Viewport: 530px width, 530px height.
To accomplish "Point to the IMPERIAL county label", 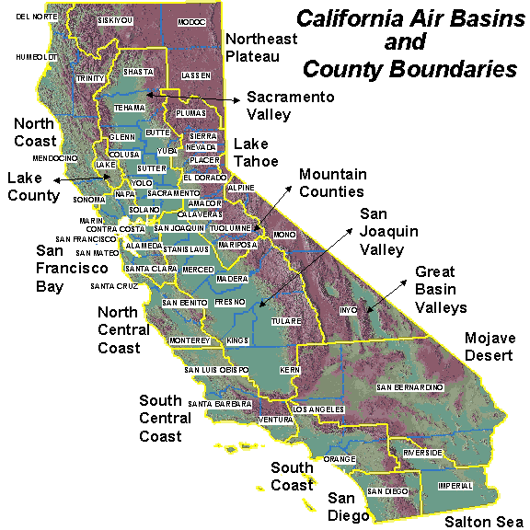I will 455,486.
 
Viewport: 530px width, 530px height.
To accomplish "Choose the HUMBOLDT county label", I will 36,57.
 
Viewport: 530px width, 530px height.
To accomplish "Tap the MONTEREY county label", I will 190,340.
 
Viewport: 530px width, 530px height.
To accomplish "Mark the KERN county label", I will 290,369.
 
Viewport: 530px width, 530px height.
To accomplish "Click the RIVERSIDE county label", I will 422,453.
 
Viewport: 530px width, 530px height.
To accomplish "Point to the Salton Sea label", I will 481,521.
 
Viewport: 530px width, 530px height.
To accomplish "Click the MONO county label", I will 285,235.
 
